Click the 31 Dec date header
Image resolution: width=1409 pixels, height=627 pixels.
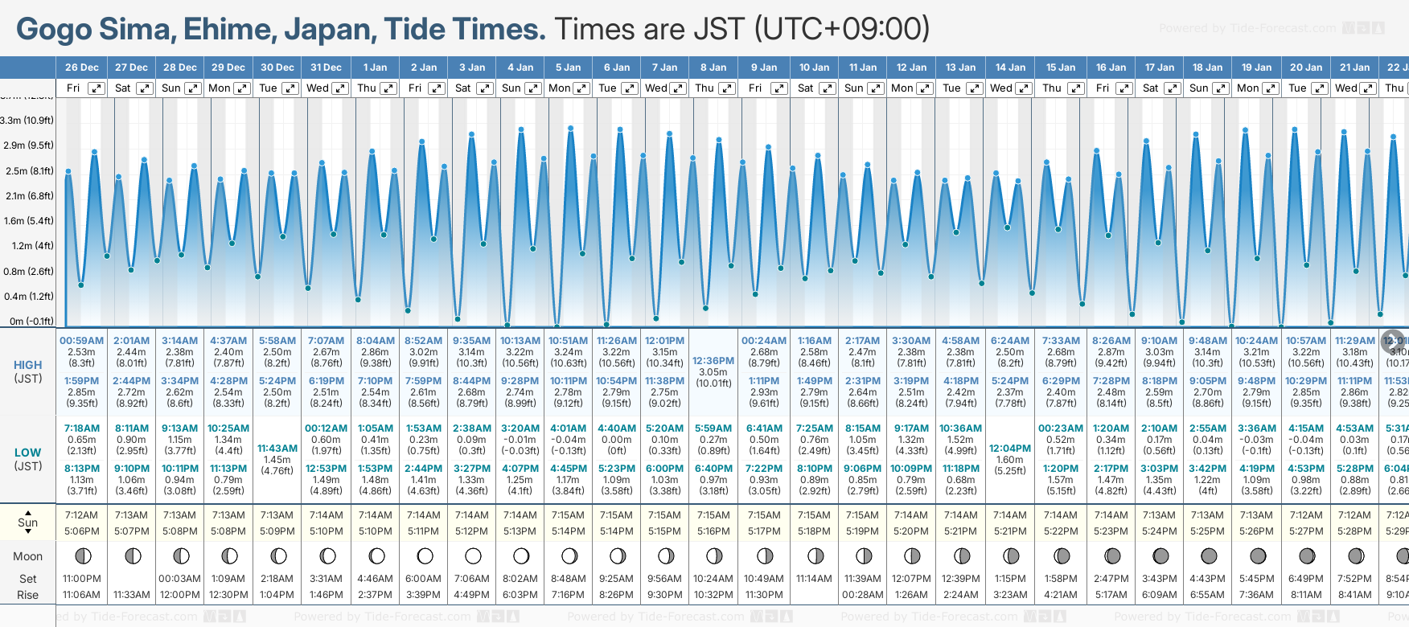click(326, 68)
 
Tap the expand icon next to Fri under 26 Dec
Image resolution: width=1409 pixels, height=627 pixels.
click(97, 88)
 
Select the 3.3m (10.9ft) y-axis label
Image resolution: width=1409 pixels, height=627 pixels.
click(27, 121)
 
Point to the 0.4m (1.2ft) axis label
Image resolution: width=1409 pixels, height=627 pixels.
click(28, 296)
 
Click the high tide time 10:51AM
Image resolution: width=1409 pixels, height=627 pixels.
click(568, 341)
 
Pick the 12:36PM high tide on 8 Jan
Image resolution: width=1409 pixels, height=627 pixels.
click(713, 361)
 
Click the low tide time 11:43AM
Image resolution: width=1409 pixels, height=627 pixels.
click(277, 449)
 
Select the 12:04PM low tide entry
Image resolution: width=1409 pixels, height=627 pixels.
click(1010, 449)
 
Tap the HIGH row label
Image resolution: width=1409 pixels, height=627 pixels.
click(28, 365)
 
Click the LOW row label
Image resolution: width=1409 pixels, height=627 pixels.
click(28, 453)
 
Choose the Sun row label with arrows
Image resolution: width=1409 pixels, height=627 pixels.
click(28, 522)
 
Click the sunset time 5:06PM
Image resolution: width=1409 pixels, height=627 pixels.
click(82, 531)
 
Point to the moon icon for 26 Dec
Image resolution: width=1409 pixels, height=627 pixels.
click(82, 555)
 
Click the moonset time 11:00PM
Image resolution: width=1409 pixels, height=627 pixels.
click(82, 579)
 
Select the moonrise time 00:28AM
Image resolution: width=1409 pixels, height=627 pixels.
click(863, 595)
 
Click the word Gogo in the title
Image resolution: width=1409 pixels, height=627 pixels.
click(53, 30)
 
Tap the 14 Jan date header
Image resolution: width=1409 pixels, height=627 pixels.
click(1010, 68)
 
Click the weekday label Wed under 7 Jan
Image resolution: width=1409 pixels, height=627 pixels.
click(656, 88)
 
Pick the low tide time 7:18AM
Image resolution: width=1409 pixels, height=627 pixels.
click(82, 428)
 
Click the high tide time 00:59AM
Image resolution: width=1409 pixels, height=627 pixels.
click(82, 341)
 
